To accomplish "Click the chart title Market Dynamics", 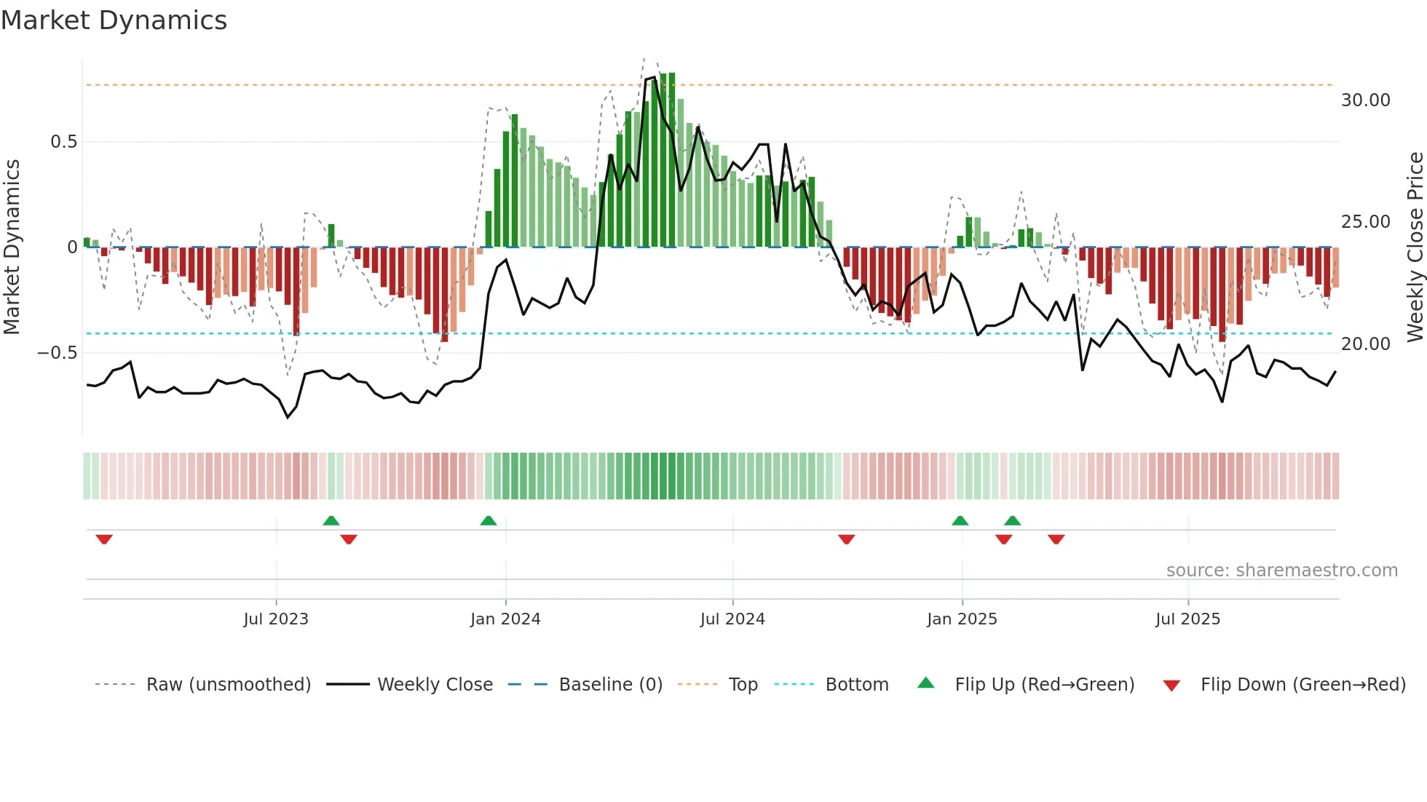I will pos(114,20).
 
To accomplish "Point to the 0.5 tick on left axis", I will pos(63,142).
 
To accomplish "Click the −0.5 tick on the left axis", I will pos(57,353).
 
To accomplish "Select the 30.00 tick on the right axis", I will pos(1365,100).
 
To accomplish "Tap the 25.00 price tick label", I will pos(1365,222).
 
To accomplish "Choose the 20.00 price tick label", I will pos(1365,344).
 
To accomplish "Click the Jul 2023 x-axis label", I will pos(276,619).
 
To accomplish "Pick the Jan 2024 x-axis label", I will pos(505,619).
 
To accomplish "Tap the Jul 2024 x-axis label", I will pos(732,619).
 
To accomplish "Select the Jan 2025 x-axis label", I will pos(962,619).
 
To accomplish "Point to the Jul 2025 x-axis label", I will pos(1187,619).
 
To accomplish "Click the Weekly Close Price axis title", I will pos(1415,247).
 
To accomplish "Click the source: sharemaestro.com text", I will pos(1281,571).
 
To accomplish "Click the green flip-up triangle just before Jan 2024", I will pos(489,521).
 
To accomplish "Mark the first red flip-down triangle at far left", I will pos(104,539).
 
